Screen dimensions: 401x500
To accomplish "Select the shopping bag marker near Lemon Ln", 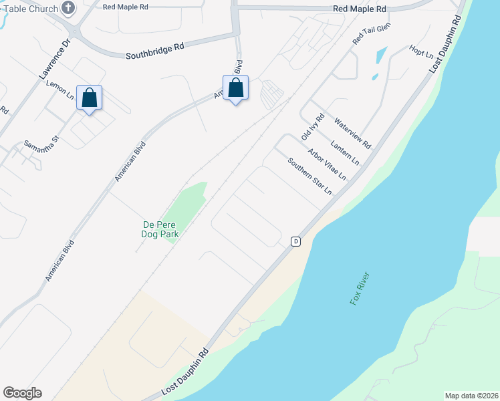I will (x=90, y=98).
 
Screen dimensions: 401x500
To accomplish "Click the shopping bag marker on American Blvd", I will (x=235, y=88).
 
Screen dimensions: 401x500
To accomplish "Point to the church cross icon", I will (x=68, y=8).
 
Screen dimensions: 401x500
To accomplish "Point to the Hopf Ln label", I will (x=421, y=51).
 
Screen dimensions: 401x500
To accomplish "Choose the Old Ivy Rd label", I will (x=312, y=126).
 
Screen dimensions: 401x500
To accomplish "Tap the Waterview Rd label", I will (x=352, y=133).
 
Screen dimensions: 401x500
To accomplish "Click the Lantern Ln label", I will (x=345, y=153).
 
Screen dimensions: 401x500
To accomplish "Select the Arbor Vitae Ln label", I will (x=327, y=164).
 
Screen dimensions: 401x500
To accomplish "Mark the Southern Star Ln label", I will (x=309, y=176).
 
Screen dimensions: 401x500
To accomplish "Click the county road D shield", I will (x=295, y=241).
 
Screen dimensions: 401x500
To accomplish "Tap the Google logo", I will (x=22, y=393).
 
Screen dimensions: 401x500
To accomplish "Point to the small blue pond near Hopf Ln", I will (x=380, y=54).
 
